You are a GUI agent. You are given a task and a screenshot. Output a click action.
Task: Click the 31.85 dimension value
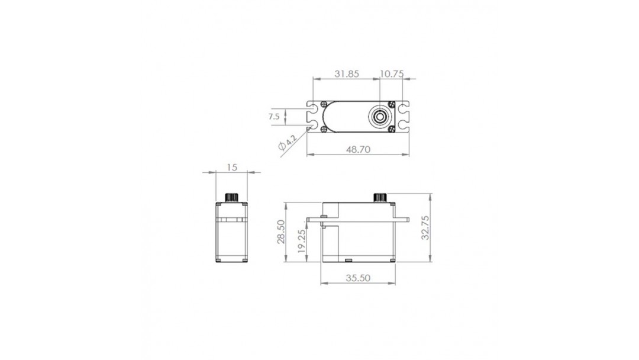[346, 74]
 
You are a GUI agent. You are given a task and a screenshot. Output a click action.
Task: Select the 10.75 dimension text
[392, 74]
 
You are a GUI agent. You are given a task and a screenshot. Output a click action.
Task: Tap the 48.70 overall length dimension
[358, 149]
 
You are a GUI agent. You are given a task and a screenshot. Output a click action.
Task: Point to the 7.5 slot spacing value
[275, 117]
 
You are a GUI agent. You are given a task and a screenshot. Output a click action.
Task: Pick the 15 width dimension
[231, 167]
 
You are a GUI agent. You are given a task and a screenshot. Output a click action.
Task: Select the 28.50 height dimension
[281, 232]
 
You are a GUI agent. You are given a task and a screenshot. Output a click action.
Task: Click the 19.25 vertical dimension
[301, 241]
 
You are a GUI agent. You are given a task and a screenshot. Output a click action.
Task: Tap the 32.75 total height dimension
[425, 228]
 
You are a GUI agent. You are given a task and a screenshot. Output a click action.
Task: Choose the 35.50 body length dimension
[358, 278]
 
